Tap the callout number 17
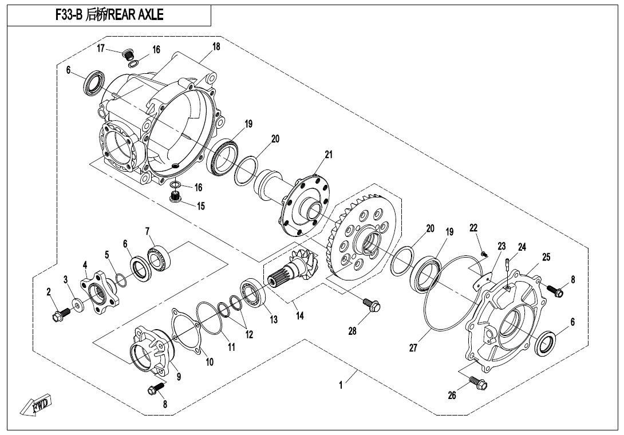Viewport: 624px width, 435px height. [101, 49]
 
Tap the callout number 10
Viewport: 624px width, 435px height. [209, 362]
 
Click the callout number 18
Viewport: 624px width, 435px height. [216, 47]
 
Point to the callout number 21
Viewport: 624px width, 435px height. [328, 154]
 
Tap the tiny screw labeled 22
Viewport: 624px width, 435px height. [484, 253]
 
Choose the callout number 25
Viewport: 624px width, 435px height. [546, 257]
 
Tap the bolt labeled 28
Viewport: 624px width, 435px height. [373, 306]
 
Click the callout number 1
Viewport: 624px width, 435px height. [341, 385]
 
